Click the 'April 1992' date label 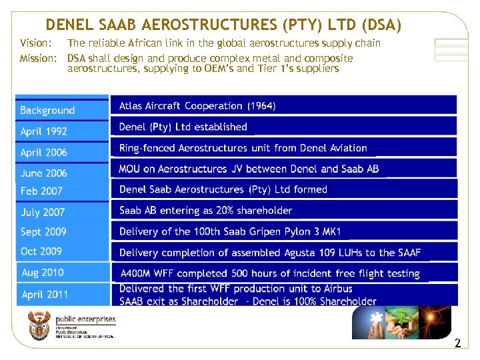pyautogui.click(x=43, y=131)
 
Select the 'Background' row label pyautogui.click(x=47, y=110)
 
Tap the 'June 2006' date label pyautogui.click(x=43, y=173)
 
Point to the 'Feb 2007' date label pyautogui.click(x=41, y=191)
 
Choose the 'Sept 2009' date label pyautogui.click(x=43, y=232)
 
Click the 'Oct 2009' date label pyautogui.click(x=41, y=251)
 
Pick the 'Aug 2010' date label pyautogui.click(x=43, y=272)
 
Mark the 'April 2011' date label pyautogui.click(x=45, y=294)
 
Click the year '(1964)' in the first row pyautogui.click(x=261, y=106)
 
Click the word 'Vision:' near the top pyautogui.click(x=35, y=43)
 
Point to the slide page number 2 pyautogui.click(x=457, y=344)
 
